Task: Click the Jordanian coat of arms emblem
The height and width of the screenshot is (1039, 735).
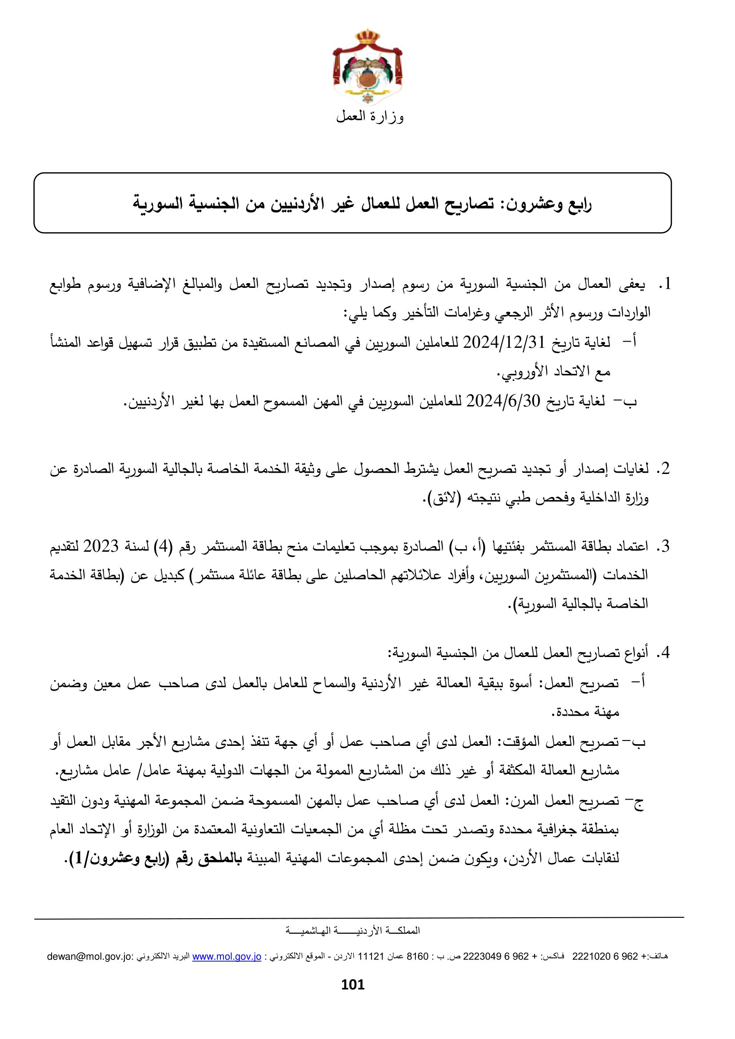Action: (x=367, y=68)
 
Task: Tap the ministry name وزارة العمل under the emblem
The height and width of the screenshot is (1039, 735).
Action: (x=370, y=117)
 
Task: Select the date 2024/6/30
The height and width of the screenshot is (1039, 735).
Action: (x=503, y=401)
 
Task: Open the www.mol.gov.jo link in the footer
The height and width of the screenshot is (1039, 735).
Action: (x=227, y=957)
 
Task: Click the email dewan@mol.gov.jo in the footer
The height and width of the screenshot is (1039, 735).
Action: (x=90, y=957)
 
